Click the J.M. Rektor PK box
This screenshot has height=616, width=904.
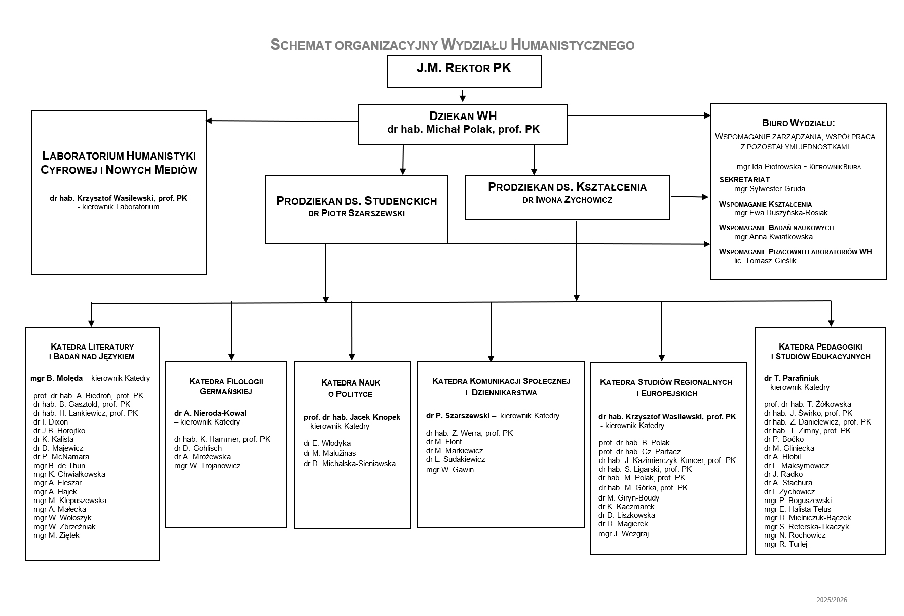pyautogui.click(x=464, y=71)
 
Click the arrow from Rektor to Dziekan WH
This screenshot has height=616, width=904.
pyautogui.click(x=463, y=96)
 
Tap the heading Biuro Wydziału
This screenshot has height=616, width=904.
pyautogui.click(x=798, y=123)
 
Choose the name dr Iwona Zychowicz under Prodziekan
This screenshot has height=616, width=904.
pyautogui.click(x=567, y=200)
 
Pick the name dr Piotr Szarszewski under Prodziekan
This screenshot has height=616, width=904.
pyautogui.click(x=356, y=214)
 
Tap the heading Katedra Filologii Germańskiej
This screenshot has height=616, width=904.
pyautogui.click(x=226, y=387)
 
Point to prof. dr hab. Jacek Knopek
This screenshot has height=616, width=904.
pyautogui.click(x=352, y=417)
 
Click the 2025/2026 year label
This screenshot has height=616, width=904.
pyautogui.click(x=832, y=600)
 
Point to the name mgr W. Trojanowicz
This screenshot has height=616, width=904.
pyautogui.click(x=207, y=466)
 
